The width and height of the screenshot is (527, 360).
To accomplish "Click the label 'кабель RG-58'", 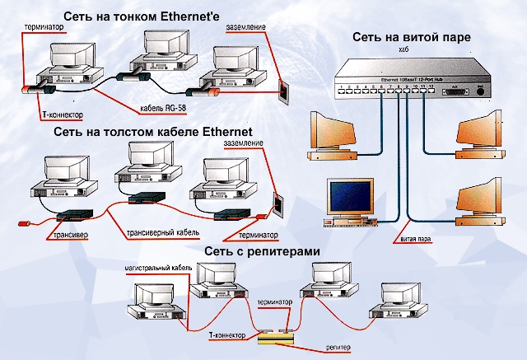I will pyautogui.click(x=163, y=107).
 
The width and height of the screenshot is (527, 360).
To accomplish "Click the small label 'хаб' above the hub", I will pyautogui.click(x=403, y=53).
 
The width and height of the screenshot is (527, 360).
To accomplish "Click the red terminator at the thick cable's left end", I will pyautogui.click(x=26, y=222).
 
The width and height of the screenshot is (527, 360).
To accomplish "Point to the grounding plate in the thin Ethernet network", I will pyautogui.click(x=285, y=87).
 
